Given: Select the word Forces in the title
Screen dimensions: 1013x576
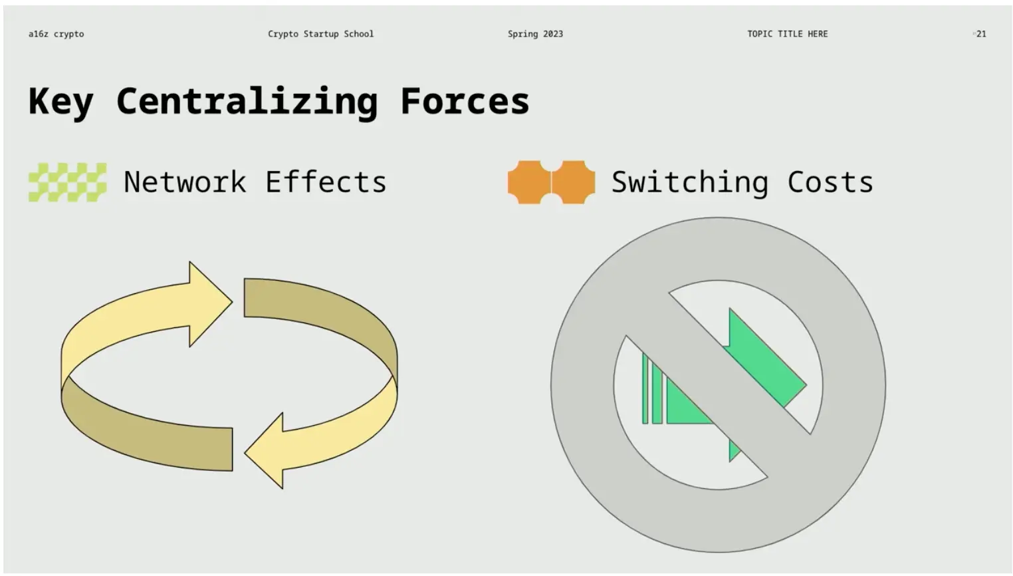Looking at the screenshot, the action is [465, 101].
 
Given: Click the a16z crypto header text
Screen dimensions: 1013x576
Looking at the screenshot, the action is [56, 34].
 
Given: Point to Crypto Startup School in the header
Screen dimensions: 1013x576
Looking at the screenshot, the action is [320, 34].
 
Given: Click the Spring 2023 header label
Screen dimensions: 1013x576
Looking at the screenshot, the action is [536, 34].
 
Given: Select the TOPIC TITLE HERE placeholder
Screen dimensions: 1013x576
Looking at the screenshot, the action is [788, 34].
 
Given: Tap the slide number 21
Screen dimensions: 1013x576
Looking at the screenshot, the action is [981, 34].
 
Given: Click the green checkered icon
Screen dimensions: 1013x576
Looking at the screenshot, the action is [68, 182].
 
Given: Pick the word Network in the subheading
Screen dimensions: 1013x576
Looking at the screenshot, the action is [185, 182].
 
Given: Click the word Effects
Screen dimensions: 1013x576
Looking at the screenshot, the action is [326, 182].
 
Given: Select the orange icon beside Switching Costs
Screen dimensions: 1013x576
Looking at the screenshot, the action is [551, 182].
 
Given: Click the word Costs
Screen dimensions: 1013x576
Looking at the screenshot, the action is [830, 182].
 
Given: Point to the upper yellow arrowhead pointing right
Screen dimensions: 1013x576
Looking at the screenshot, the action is [210, 303].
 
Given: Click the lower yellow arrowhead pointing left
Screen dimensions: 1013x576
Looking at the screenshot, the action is [265, 451].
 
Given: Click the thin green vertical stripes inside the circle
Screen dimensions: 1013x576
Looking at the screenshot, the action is [652, 389].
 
